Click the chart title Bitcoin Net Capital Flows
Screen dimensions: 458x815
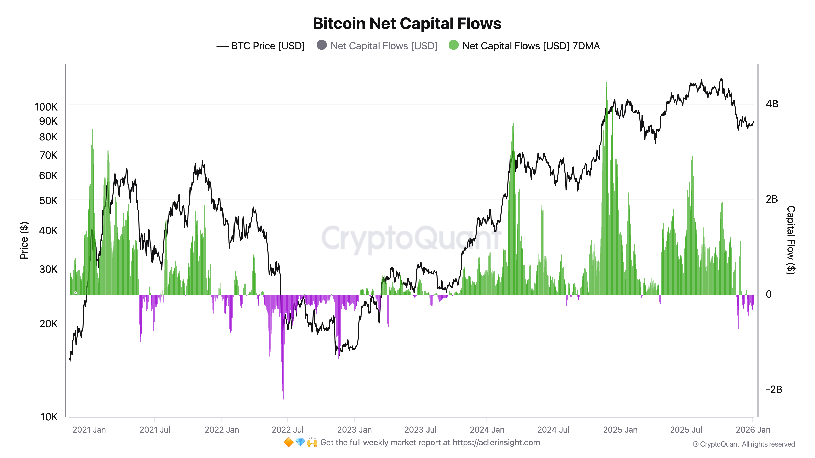407,24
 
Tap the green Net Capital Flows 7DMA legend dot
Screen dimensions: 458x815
453,45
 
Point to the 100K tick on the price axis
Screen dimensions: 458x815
46,107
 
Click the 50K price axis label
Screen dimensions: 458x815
48,201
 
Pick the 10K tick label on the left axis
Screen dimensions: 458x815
49,417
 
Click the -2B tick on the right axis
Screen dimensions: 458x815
774,389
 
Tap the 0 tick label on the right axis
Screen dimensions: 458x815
769,294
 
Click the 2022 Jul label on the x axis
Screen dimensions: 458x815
287,430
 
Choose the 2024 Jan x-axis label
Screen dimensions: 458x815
487,430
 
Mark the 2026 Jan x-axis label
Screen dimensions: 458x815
753,430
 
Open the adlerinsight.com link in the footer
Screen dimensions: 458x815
496,443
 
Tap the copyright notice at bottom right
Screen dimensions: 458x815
743,444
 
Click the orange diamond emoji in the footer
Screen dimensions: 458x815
288,443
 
